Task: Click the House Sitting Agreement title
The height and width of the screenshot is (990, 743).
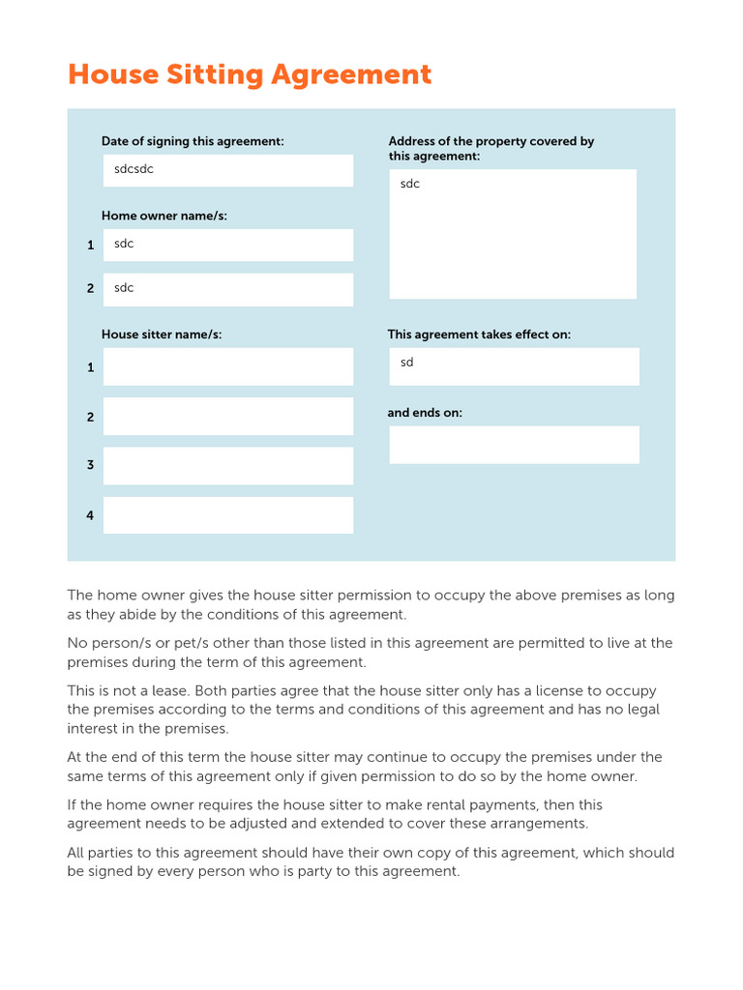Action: click(x=250, y=75)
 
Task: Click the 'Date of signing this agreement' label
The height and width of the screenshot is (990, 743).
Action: click(x=193, y=141)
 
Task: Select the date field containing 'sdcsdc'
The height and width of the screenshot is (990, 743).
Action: click(x=228, y=171)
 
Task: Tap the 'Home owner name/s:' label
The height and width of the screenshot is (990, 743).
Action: click(x=164, y=216)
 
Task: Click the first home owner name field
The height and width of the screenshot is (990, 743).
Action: click(x=228, y=245)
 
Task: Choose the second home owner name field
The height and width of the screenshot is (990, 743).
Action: click(x=228, y=289)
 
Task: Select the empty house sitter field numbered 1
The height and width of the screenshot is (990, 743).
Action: click(x=228, y=367)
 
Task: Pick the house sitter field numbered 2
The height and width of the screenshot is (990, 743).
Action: click(x=228, y=417)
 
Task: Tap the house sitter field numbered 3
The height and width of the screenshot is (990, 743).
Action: click(x=228, y=466)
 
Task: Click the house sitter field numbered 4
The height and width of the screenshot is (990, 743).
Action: click(x=228, y=515)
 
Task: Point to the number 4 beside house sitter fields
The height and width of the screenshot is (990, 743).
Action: click(x=90, y=515)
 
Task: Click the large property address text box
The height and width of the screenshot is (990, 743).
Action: click(x=513, y=234)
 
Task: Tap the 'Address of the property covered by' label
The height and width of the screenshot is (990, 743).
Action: click(x=491, y=141)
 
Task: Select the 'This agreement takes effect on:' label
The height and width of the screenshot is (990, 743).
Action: click(x=479, y=335)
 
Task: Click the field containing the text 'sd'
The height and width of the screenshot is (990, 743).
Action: click(x=514, y=366)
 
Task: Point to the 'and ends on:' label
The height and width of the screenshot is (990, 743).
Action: click(x=425, y=413)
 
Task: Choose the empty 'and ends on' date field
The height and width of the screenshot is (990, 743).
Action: click(x=514, y=445)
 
